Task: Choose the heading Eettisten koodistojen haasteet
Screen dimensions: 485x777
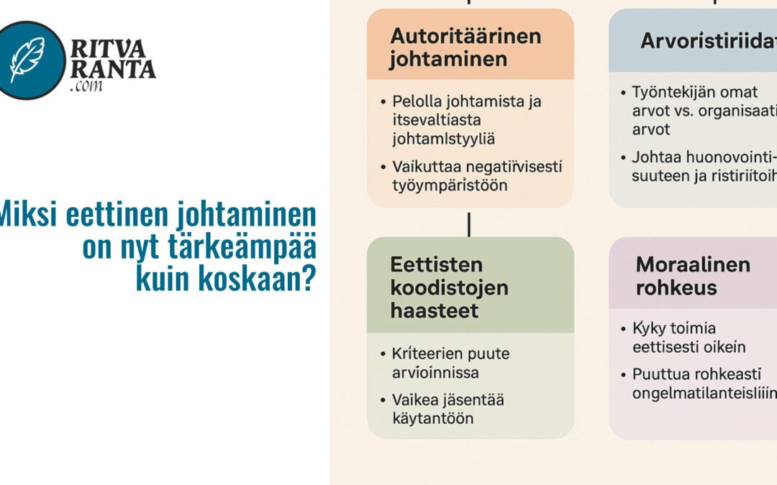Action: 450,287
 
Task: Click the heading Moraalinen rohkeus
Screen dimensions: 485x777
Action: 693,276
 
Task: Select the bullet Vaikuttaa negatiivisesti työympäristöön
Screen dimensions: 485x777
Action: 476,175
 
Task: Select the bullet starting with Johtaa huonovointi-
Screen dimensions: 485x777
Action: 701,166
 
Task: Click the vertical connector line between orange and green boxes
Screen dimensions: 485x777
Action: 469,223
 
